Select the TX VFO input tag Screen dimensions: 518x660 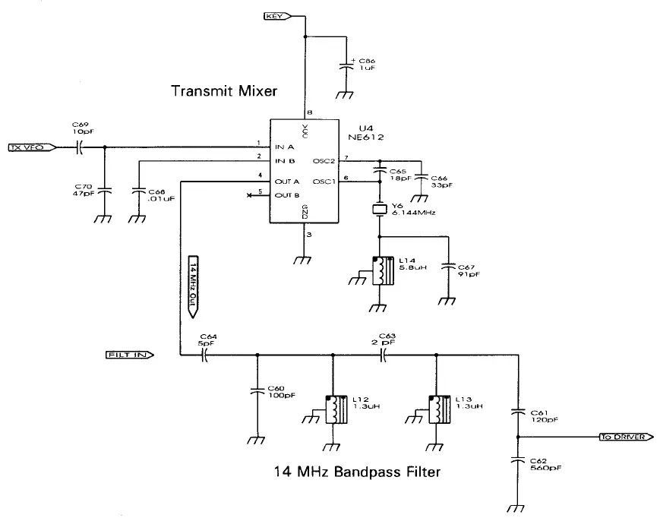30,147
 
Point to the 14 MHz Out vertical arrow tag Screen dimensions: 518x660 193,286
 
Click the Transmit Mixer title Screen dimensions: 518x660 224,91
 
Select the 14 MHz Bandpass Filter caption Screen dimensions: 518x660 357,472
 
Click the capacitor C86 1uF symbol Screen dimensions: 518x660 348,64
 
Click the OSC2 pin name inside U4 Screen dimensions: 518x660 324,161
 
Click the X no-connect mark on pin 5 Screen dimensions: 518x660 250,195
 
